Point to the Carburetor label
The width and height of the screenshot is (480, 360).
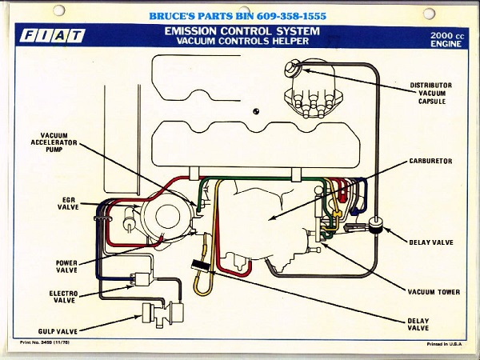430,161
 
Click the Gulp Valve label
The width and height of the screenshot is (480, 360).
55,329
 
